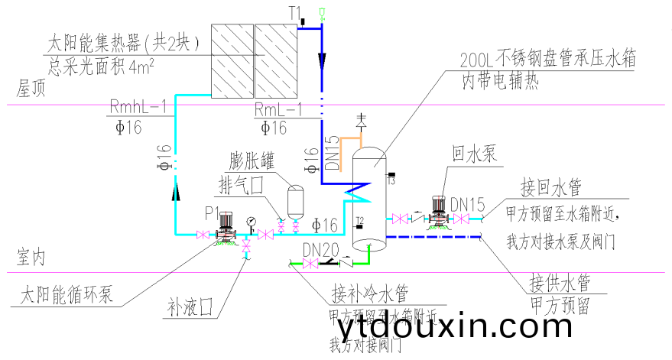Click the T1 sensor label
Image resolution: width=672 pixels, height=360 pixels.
coord(295,12)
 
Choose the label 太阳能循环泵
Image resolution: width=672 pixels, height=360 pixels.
coord(66,294)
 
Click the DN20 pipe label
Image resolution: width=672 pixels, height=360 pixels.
coord(319,250)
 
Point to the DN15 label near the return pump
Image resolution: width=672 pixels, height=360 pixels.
coord(467,205)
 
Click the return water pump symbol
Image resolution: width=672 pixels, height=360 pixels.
coord(439,210)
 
